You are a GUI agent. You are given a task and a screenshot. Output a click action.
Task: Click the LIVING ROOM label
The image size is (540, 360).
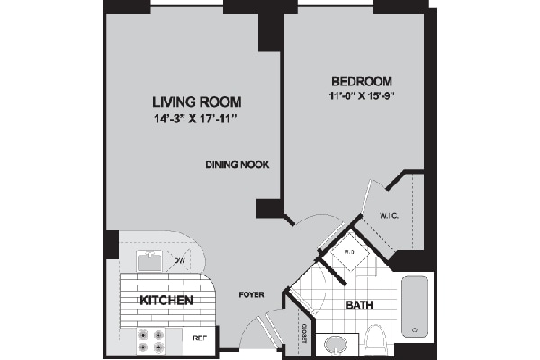(x=184, y=101)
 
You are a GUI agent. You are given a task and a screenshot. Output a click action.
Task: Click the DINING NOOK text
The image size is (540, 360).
(x=238, y=165)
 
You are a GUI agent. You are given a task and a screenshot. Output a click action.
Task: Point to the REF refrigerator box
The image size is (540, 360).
(x=200, y=338)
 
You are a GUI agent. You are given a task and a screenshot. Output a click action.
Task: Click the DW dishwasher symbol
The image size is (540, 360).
(x=179, y=261)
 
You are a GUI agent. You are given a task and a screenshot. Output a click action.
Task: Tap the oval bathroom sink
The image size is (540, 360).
(x=337, y=344)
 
